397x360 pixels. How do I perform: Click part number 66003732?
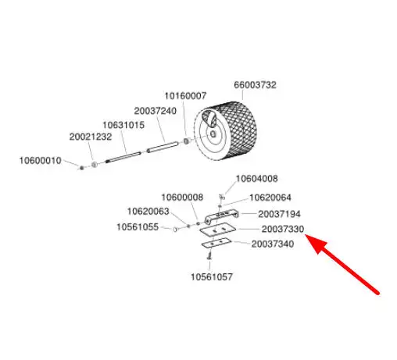(x=255, y=85)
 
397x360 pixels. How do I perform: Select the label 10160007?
(x=185, y=96)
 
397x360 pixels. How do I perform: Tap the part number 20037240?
(x=156, y=111)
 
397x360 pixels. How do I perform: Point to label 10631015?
(x=123, y=125)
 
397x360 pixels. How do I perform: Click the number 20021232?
(x=91, y=137)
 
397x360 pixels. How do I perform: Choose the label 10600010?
(x=41, y=161)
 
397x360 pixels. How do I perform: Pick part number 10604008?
(x=257, y=179)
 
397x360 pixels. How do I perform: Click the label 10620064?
(x=270, y=198)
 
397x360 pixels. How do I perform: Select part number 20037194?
(x=279, y=214)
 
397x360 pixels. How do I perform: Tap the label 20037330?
(x=283, y=230)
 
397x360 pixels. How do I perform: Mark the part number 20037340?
(x=273, y=244)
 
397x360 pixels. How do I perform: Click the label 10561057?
(x=212, y=277)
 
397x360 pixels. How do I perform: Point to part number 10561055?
(x=138, y=227)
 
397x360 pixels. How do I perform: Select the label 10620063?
(x=148, y=212)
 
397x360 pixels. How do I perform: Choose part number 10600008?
(x=182, y=198)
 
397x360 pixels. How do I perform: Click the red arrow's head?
(x=313, y=242)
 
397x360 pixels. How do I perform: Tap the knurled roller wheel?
(x=225, y=131)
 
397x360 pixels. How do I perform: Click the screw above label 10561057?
(x=209, y=256)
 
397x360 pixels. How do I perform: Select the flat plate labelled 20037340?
(x=216, y=243)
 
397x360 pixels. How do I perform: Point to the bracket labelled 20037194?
(x=221, y=216)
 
